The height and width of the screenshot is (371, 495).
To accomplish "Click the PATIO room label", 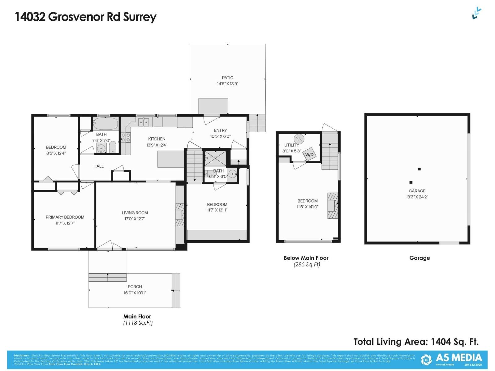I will pos(227,78).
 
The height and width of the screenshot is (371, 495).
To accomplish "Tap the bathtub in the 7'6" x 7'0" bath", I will pos(105,124).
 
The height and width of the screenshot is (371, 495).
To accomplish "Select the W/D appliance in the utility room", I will pos(309,155).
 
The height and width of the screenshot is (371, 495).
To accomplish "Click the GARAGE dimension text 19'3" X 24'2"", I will pos(417,197).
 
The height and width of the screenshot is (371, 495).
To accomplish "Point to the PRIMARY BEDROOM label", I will pos(65,217).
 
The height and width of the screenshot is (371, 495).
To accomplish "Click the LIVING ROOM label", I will pos(135,213).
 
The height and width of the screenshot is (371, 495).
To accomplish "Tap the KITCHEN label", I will pos(157,139).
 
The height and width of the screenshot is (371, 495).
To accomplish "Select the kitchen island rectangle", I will pos(171,159).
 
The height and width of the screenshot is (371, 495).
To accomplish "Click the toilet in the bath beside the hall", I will pos(113,147).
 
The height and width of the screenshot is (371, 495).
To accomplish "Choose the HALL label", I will pos(98,166).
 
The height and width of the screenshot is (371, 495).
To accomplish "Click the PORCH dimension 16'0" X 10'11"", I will pos(135,293).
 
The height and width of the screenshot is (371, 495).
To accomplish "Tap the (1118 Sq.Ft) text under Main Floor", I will pos(138,323).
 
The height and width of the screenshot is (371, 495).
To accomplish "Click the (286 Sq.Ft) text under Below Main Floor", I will pos(307,265).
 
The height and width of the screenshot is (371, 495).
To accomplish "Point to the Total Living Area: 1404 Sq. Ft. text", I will pos(416,342).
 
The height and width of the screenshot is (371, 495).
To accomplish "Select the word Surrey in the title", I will pos(140,17).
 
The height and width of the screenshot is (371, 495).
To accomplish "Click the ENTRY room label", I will pos(220,130).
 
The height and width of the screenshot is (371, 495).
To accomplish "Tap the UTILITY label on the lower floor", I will pos(291,145).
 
